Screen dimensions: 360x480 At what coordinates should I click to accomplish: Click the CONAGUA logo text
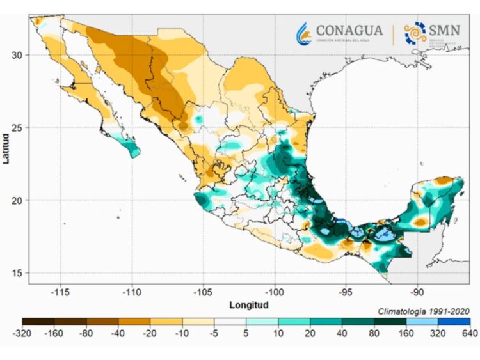click(349, 30)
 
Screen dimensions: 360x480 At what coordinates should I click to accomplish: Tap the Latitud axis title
click(6, 148)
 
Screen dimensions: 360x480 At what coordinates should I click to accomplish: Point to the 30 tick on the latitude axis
click(18, 55)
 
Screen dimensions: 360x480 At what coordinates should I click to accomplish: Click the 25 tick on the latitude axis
click(18, 127)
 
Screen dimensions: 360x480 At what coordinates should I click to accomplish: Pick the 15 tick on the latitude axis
click(18, 273)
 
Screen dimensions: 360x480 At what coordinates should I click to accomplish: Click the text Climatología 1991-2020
click(424, 311)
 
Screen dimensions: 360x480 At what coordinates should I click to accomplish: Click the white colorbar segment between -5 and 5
click(230, 322)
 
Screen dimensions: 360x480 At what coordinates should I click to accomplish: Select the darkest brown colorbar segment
click(38, 322)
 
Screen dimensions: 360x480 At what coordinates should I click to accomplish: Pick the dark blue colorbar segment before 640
click(454, 322)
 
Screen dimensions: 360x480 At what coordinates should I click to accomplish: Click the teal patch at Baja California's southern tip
click(132, 148)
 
